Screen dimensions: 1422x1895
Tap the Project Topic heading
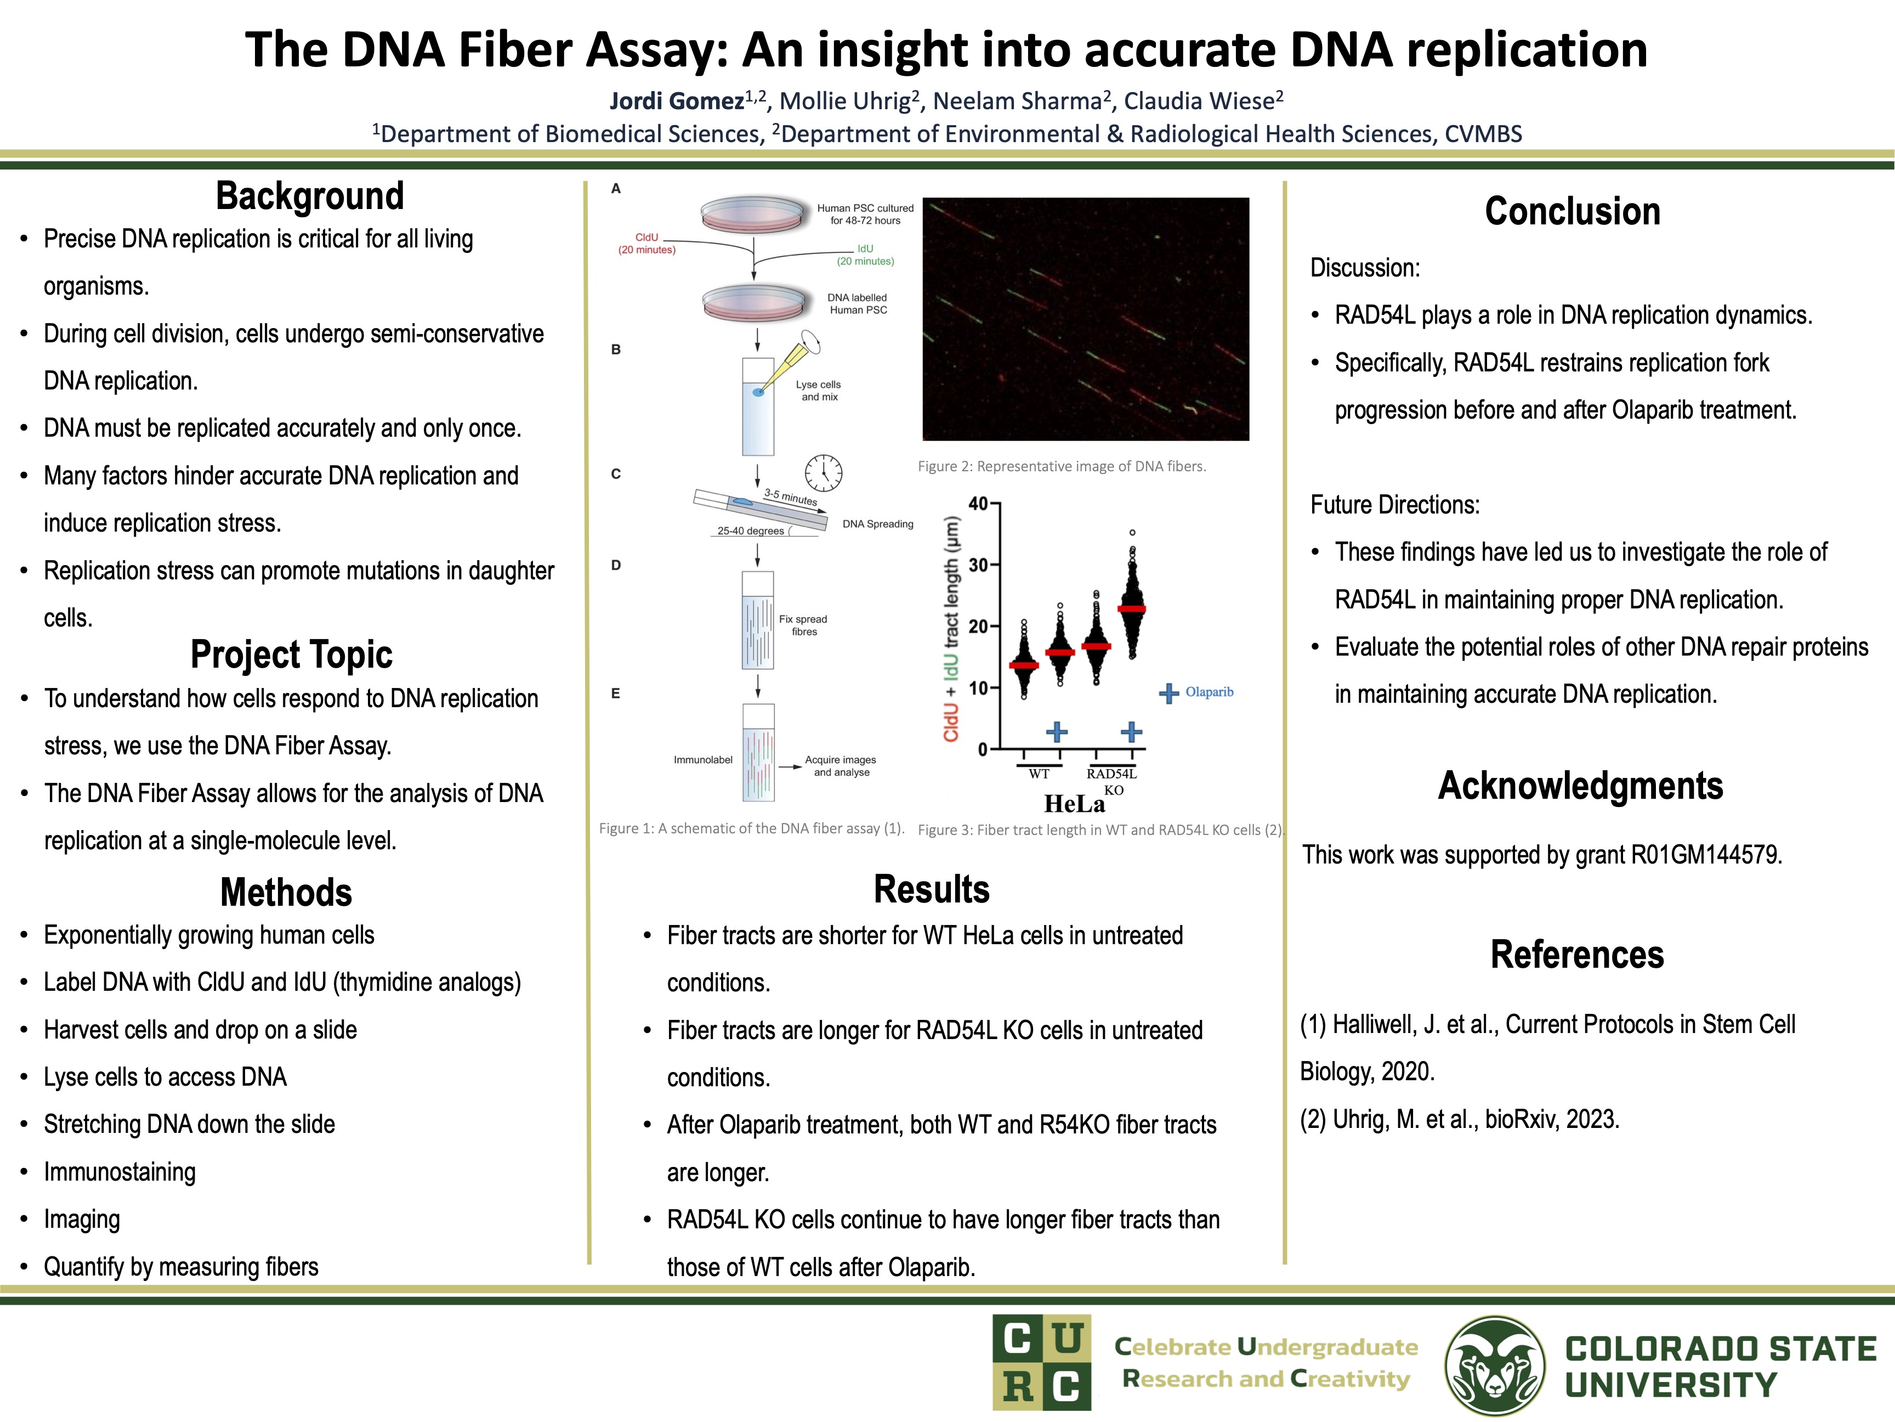click(291, 655)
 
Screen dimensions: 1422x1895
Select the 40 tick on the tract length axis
click(978, 504)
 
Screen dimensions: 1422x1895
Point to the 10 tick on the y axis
click(978, 687)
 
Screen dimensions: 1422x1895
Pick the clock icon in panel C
click(822, 472)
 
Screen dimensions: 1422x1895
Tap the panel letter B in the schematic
click(615, 349)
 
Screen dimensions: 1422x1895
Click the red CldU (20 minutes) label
click(647, 244)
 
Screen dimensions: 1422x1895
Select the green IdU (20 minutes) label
click(865, 255)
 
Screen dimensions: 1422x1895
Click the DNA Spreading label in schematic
click(877, 524)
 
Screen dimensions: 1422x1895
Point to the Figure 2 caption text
click(1062, 466)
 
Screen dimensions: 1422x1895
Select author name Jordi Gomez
click(676, 101)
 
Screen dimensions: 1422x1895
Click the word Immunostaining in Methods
click(120, 1172)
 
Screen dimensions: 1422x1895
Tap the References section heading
click(1576, 955)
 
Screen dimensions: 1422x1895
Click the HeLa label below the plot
click(1074, 804)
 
